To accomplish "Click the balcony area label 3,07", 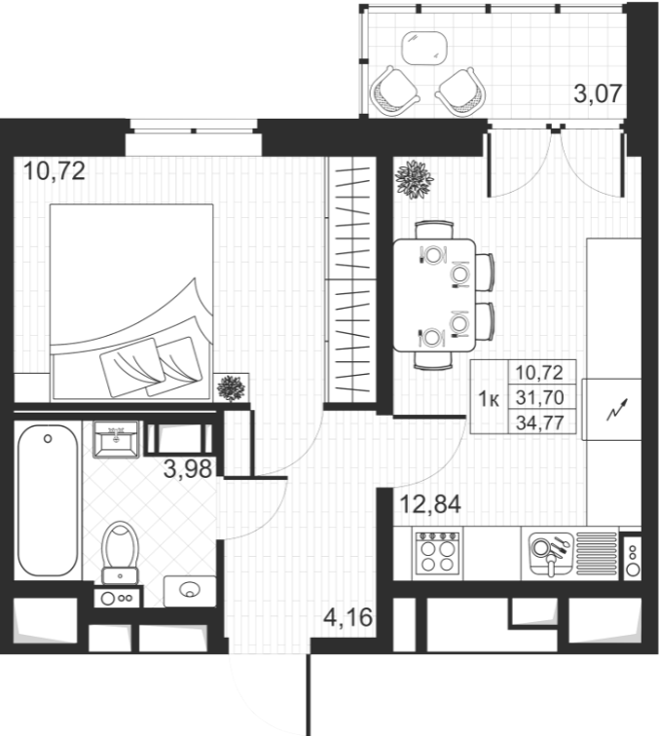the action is point(598,93).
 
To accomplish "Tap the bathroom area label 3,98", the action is point(188,468).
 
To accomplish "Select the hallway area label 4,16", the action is point(348,617).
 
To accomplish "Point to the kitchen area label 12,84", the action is point(430,504).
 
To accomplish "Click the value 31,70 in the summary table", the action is point(539,398).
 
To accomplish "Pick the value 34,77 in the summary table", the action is point(539,423).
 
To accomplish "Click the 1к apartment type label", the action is point(489,399).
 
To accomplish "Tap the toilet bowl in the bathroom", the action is point(120,552).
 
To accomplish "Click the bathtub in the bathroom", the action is point(48,499).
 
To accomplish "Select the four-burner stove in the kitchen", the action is point(437,554).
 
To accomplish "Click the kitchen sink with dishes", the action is point(551,554).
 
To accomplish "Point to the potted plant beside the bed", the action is point(231,388).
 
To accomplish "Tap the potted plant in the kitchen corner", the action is point(414,179).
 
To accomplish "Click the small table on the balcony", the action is point(424,49).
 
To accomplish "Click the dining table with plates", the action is point(434,295).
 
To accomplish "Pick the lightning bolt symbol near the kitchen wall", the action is point(617,410).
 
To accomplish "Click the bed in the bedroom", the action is point(131,302).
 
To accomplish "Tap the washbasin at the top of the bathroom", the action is point(116,439).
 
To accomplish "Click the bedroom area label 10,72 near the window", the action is point(54,171).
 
